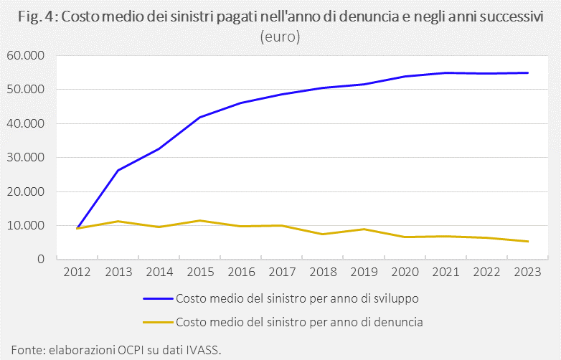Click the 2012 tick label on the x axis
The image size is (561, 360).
point(77,273)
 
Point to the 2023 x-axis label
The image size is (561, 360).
point(528,273)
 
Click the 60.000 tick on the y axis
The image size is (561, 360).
point(25,55)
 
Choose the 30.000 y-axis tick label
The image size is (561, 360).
point(25,158)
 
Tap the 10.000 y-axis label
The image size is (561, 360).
point(25,226)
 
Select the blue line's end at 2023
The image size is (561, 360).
point(528,72)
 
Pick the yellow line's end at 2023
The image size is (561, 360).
point(528,241)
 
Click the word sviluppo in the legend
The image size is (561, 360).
point(405,298)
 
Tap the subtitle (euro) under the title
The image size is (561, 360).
point(280,37)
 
